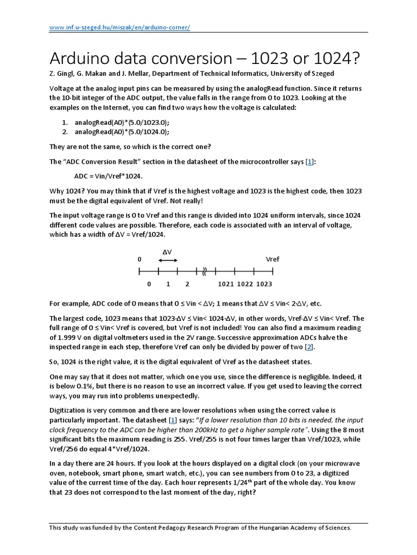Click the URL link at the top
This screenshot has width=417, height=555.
(x=119, y=28)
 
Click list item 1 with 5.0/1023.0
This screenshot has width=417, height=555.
(x=122, y=122)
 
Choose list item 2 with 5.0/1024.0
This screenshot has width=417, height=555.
(x=122, y=132)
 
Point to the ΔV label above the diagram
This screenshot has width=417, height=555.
(x=167, y=252)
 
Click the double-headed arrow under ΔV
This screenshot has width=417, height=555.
(x=168, y=261)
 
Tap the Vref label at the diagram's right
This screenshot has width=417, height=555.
(x=273, y=260)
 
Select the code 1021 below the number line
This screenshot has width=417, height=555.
(x=225, y=284)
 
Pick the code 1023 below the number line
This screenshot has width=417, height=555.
(x=264, y=284)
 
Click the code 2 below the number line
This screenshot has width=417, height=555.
(x=187, y=284)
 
